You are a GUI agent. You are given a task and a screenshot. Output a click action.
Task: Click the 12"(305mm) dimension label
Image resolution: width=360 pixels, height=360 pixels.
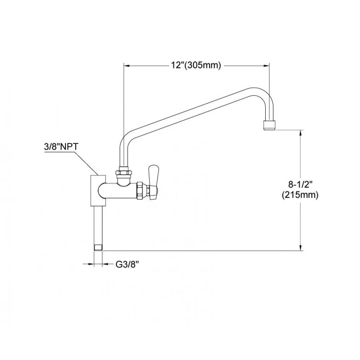tap(196, 65)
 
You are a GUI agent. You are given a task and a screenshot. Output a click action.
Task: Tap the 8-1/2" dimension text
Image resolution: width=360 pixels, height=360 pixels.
tap(300, 184)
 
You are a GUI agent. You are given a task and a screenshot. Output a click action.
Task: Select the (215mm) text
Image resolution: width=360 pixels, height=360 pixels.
tap(300, 195)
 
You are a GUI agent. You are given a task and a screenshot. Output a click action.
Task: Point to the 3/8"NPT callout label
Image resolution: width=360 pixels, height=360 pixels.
tap(61, 147)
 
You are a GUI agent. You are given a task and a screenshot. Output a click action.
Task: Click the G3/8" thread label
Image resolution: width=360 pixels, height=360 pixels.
tap(128, 265)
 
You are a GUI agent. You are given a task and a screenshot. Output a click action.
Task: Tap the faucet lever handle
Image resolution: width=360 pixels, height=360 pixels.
tap(153, 183)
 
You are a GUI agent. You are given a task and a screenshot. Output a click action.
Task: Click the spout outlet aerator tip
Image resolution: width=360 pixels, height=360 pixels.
tap(269, 125)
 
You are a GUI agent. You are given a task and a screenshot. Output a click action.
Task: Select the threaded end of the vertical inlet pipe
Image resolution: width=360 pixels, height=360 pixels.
tap(98, 248)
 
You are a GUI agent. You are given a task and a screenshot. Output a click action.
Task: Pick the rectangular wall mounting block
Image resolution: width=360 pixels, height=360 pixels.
tap(99, 190)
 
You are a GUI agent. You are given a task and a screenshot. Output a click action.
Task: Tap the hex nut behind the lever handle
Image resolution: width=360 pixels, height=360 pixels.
tap(141, 190)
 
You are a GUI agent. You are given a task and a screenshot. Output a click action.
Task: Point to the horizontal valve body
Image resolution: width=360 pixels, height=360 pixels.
tap(117, 190)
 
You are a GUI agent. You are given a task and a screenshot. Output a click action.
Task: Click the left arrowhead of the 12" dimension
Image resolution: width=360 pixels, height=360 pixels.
tap(127, 66)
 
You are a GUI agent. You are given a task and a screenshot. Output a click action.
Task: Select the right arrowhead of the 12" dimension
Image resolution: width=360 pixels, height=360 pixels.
tap(266, 66)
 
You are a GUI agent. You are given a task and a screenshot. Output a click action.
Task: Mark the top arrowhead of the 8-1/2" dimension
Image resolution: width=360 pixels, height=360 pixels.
tap(300, 133)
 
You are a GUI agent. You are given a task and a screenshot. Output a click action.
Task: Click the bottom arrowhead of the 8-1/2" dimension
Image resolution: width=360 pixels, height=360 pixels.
tap(300, 248)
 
